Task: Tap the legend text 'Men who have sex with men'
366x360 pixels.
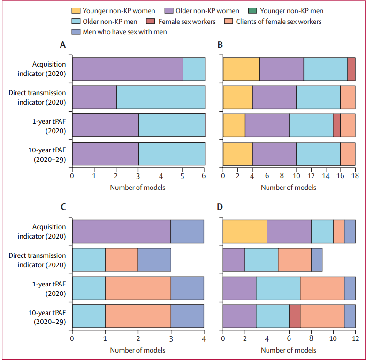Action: (x=124, y=32)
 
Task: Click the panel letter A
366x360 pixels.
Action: (x=62, y=45)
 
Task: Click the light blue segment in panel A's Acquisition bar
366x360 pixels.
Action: (x=194, y=69)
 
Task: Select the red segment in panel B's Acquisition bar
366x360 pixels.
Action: (x=351, y=69)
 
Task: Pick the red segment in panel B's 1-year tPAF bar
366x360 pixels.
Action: (x=336, y=126)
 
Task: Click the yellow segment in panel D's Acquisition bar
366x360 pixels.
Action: (x=244, y=232)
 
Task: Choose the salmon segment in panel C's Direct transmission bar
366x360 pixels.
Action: (x=121, y=260)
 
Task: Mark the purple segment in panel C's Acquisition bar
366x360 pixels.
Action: (x=121, y=232)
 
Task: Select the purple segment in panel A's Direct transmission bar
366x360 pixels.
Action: (x=94, y=97)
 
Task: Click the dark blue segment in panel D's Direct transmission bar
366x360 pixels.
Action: (x=317, y=260)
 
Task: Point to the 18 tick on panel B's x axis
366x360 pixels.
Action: (x=355, y=175)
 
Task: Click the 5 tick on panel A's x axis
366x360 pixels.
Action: (x=183, y=175)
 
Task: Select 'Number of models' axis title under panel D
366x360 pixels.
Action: (x=288, y=350)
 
